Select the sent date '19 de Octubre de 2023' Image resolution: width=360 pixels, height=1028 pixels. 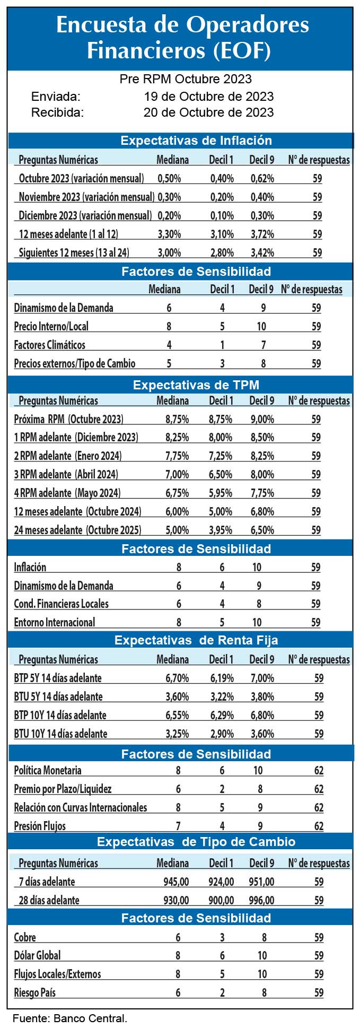pos(208,97)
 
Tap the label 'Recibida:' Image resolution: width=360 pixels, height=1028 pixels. pos(57,112)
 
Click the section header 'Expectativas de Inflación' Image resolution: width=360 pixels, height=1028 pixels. pos(196,141)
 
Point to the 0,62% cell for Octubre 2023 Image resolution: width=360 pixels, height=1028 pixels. pos(262,179)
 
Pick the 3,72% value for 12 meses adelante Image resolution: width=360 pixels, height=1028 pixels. pos(262,234)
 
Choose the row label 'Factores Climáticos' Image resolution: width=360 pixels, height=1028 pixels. pos(49,345)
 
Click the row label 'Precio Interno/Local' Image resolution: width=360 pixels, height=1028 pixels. pos(51,326)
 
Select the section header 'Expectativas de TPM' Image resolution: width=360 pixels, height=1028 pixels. pos(196,385)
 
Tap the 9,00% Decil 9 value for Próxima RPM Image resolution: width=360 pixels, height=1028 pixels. pos(262,419)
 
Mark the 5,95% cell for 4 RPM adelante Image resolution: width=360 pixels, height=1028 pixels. pos(221,493)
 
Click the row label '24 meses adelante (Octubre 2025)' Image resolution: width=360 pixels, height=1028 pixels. pos(77,530)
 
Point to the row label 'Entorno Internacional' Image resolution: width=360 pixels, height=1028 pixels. pos(54,622)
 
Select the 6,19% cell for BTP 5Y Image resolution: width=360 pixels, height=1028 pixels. pos(222,678)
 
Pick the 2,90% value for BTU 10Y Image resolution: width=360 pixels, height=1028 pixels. pos(222,734)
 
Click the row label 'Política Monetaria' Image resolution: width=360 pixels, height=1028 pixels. pos(47,770)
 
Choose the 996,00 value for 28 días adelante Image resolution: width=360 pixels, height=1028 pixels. pos(262,900)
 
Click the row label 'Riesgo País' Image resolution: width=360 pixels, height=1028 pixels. pos(34,992)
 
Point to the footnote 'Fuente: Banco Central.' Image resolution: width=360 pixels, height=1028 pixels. pos(70,1018)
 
